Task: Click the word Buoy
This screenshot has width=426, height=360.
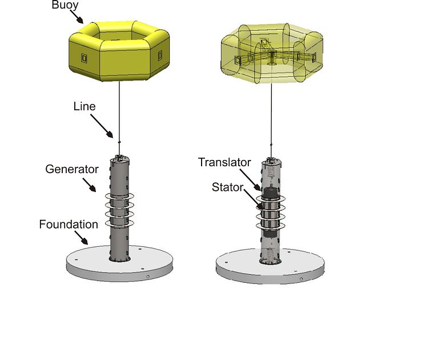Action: [x=65, y=5]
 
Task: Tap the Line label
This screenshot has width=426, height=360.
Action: [x=84, y=106]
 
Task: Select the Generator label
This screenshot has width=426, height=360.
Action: [x=72, y=169]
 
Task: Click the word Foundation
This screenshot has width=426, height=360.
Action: [x=69, y=225]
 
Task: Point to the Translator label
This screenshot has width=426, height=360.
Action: [x=224, y=162]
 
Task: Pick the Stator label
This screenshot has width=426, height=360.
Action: [x=227, y=187]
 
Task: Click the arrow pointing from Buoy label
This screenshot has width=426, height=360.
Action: [x=77, y=17]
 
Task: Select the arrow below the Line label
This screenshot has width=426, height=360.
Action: [x=102, y=126]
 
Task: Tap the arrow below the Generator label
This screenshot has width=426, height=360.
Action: [x=90, y=185]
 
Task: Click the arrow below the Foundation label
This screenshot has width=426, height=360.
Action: [x=82, y=238]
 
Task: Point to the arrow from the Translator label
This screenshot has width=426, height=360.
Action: [x=251, y=180]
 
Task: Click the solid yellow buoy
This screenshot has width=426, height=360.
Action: [x=119, y=51]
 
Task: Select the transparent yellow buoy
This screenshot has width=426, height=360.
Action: [x=272, y=53]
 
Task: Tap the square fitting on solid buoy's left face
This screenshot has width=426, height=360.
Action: [x=84, y=58]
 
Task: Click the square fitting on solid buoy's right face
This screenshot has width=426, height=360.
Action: [x=160, y=55]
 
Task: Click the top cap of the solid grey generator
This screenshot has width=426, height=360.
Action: [x=120, y=158]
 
